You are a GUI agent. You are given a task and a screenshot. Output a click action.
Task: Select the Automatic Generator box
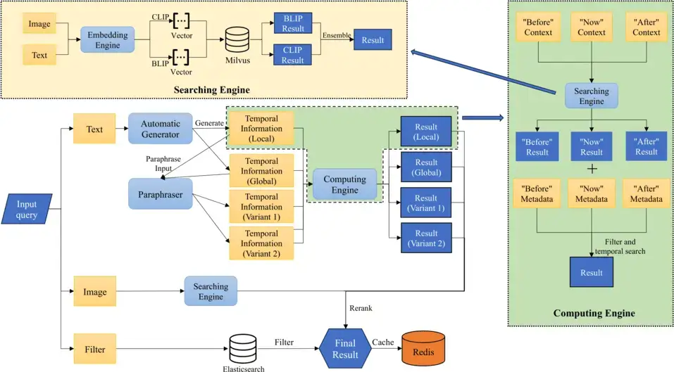[x=161, y=129]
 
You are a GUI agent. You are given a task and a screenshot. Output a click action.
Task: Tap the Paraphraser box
[x=161, y=193]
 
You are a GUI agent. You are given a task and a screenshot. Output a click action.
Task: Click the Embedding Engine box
[x=107, y=41]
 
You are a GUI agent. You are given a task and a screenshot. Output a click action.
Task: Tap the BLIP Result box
[x=292, y=23]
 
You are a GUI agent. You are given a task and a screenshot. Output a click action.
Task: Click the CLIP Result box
[x=292, y=54]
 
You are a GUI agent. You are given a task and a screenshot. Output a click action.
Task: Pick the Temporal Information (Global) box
[x=261, y=171]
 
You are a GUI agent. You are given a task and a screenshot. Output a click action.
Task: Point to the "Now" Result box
[x=591, y=146]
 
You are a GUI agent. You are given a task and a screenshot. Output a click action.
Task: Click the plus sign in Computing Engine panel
[x=592, y=169]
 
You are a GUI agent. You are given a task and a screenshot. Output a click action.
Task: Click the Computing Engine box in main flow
[x=344, y=185]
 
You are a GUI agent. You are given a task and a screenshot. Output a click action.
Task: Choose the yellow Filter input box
[x=94, y=348]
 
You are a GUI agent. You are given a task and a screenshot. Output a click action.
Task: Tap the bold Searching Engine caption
[x=212, y=89]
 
